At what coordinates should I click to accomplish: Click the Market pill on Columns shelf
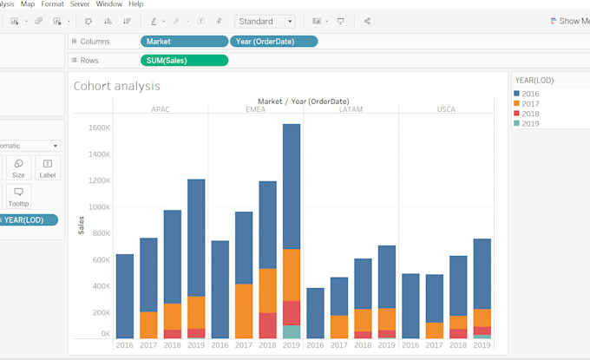(x=184, y=41)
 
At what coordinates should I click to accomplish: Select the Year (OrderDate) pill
(x=273, y=41)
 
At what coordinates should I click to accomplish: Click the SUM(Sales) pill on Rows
(x=184, y=60)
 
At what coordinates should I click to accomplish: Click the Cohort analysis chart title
(x=116, y=86)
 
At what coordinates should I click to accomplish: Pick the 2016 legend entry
(x=531, y=93)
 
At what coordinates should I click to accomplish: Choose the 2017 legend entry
(x=531, y=103)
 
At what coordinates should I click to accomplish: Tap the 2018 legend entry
(x=531, y=114)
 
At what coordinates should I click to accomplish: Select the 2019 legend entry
(x=531, y=123)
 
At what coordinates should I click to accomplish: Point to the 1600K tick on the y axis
(x=97, y=128)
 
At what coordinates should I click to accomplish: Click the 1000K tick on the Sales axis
(x=97, y=206)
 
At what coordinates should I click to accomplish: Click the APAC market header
(x=161, y=109)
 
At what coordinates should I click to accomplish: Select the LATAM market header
(x=351, y=109)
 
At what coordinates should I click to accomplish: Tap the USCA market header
(x=446, y=109)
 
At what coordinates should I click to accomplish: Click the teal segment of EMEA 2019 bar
(x=292, y=331)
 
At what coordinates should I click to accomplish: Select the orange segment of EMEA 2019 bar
(x=292, y=274)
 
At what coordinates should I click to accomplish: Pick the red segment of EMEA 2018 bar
(x=267, y=325)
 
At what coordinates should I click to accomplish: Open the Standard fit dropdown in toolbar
(x=265, y=21)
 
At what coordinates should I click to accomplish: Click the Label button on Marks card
(x=48, y=167)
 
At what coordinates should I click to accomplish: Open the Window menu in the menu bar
(x=109, y=4)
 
